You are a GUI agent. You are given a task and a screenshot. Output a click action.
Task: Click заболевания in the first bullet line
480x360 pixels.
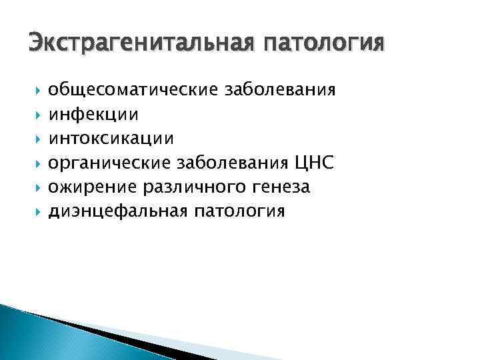279,89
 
